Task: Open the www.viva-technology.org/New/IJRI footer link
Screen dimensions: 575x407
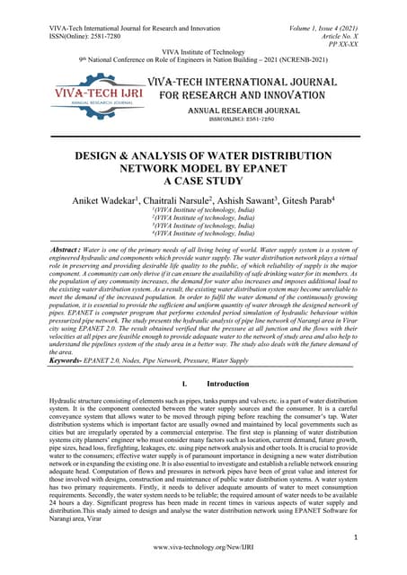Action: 203,548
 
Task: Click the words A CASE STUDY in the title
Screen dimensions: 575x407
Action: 203,180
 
